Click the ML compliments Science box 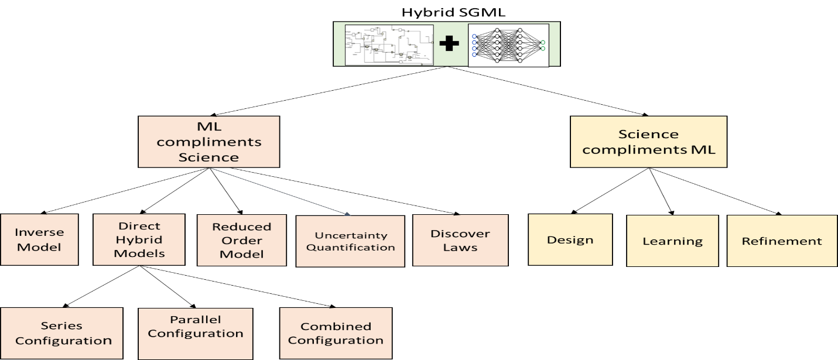click(x=209, y=142)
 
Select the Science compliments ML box click(x=648, y=142)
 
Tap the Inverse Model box click(x=39, y=239)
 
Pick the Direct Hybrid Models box click(x=139, y=239)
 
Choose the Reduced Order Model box click(x=241, y=240)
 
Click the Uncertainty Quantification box click(x=350, y=241)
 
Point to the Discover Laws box click(x=460, y=240)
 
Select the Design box click(x=570, y=239)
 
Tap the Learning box click(x=672, y=241)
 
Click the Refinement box click(x=782, y=241)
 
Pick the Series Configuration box click(x=61, y=333)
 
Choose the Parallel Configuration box click(x=196, y=326)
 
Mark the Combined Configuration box click(x=336, y=333)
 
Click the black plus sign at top click(x=450, y=44)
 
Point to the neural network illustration click(x=508, y=44)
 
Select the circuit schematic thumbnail click(x=389, y=44)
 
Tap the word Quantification click(x=351, y=247)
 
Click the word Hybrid click(x=139, y=239)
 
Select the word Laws click(x=460, y=247)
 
